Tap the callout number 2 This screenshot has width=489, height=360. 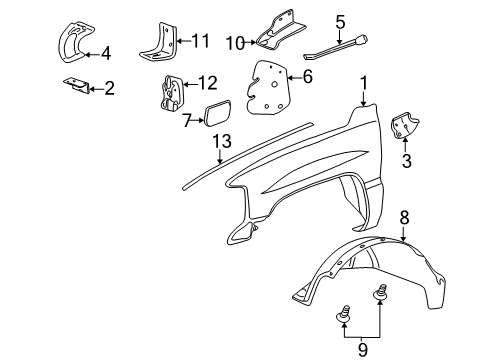(109, 89)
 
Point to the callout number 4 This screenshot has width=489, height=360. (105, 54)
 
